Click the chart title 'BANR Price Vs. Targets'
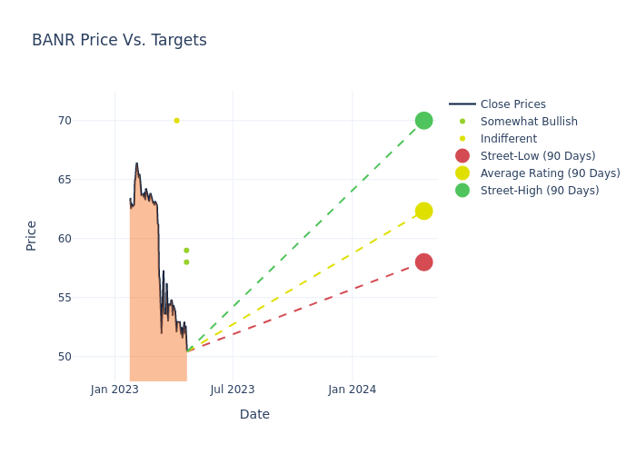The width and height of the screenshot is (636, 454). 119,40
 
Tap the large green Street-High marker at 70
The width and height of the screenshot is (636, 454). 423,121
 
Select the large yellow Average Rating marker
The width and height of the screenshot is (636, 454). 423,211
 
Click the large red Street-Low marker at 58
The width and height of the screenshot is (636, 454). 423,262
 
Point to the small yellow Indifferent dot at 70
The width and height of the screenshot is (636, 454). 176,121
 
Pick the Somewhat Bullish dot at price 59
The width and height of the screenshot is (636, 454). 186,251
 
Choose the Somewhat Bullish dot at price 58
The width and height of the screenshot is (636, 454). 186,262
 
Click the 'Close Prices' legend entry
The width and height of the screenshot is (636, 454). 512,104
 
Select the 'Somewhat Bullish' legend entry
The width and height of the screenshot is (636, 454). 528,122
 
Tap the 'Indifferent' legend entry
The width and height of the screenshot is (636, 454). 508,139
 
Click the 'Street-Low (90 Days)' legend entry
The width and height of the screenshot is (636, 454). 537,156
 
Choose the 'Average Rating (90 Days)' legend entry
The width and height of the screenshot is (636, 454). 550,173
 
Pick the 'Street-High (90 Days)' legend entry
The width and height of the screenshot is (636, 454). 539,191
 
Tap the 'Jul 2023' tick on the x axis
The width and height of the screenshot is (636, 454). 233,390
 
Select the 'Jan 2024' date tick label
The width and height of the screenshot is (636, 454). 352,390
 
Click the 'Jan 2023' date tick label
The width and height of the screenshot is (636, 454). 114,390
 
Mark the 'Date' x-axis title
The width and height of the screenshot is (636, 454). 254,414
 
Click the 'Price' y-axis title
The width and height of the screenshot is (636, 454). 32,235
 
